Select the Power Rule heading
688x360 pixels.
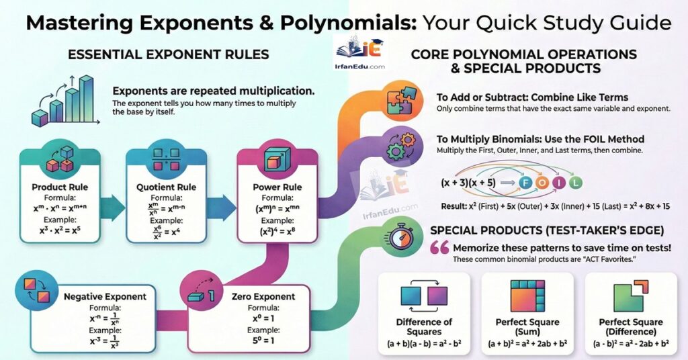point(278,186)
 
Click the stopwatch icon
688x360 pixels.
point(401,237)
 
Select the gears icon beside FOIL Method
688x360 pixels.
point(401,144)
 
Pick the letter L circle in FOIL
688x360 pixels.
point(575,183)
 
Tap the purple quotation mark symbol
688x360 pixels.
point(439,247)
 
